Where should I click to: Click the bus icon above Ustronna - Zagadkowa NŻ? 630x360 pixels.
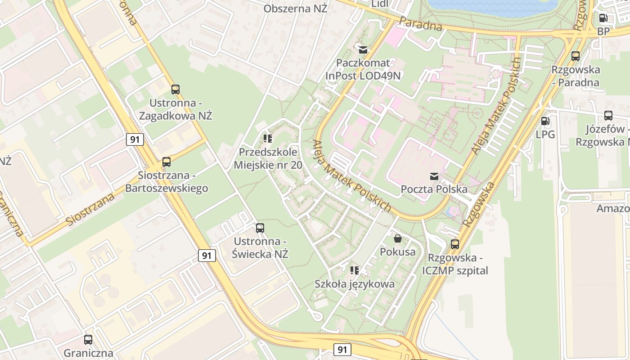pos(175,90)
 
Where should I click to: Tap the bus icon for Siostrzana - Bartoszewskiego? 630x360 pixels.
pos(166,162)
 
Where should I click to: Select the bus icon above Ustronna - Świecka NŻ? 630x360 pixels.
pos(260,228)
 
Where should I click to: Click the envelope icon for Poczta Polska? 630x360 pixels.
pos(434,176)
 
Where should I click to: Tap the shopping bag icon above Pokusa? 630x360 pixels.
pos(398,238)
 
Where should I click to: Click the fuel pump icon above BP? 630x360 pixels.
pos(603,18)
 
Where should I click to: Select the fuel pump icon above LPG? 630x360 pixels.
pos(545,121)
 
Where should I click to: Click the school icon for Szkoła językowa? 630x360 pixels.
pos(355,270)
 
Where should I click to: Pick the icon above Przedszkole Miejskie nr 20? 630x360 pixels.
pos(268,139)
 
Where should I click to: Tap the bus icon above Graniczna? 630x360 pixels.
pos(88,340)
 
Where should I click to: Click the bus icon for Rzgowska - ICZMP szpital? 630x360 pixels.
pos(455,244)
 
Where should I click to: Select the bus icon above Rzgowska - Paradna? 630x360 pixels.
pos(576,56)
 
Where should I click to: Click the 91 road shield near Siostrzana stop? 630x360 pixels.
pos(135,139)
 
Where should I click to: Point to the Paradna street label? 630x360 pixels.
pos(421,24)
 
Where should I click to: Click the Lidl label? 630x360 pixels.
pos(380,4)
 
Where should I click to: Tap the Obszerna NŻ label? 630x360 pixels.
pos(295,9)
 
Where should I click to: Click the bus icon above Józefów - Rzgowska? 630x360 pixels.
pos(608,116)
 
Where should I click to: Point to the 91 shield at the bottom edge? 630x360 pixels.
pos(342,349)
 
